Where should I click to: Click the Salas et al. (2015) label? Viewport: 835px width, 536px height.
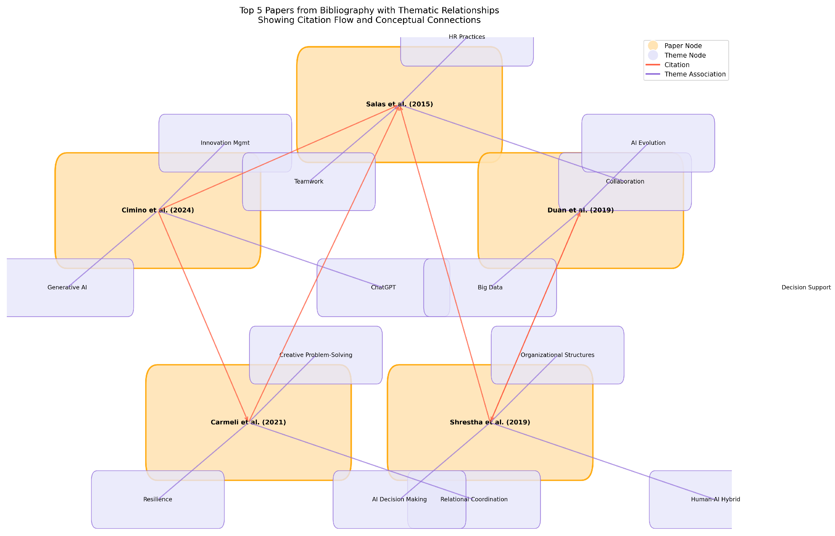tap(400, 104)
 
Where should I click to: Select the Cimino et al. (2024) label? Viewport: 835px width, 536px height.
tap(158, 210)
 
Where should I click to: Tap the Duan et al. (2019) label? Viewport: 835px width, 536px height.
tap(580, 210)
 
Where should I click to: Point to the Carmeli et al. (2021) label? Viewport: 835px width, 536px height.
tap(248, 422)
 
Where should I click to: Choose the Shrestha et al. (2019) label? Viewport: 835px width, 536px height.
tap(490, 422)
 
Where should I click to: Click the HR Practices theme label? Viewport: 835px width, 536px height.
tap(467, 37)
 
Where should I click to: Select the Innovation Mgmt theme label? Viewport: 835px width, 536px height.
tap(225, 143)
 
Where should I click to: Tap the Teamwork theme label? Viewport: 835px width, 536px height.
tap(308, 181)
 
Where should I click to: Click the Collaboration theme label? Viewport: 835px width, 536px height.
tap(625, 181)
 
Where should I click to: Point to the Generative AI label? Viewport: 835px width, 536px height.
tap(67, 288)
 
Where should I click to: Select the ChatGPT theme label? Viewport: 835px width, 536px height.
tap(383, 288)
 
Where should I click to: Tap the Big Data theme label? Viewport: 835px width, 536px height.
tap(490, 288)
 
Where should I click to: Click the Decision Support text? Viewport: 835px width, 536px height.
tap(806, 288)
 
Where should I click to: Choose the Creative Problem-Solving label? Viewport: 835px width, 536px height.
tap(316, 355)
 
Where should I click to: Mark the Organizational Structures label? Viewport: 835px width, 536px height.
tap(558, 355)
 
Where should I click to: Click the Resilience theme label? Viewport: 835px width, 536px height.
tap(158, 500)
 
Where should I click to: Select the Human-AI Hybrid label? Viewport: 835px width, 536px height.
tap(715, 500)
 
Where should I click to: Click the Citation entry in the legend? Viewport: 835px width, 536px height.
tap(677, 65)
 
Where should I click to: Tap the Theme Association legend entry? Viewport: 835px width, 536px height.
tap(695, 74)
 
